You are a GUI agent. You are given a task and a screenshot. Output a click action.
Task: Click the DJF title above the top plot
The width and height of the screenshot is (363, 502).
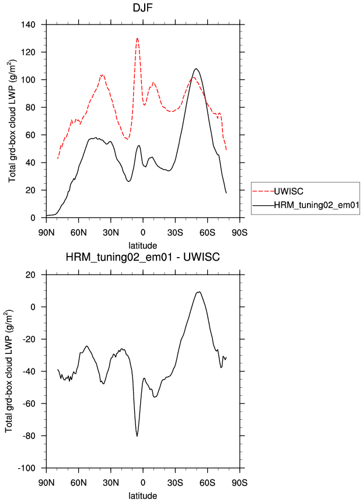(142, 8)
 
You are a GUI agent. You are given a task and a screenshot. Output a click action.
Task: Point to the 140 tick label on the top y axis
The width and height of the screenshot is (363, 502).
(28, 24)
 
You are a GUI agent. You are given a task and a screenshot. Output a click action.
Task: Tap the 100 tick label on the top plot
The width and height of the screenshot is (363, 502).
(28, 80)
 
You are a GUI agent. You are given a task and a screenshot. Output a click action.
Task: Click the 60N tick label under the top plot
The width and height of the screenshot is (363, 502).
(79, 233)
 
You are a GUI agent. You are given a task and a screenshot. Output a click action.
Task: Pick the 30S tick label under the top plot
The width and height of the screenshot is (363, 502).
(175, 233)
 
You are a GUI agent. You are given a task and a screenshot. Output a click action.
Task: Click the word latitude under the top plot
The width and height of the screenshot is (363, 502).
(143, 245)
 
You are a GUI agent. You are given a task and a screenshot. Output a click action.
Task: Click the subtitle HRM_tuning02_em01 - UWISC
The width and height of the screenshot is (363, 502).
(143, 257)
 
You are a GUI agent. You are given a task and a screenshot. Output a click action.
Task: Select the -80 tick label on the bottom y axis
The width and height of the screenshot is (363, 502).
(29, 436)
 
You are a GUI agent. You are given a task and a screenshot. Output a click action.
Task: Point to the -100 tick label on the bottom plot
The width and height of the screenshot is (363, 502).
(26, 468)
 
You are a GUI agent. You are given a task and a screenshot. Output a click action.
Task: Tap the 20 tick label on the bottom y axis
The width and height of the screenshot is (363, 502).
(30, 275)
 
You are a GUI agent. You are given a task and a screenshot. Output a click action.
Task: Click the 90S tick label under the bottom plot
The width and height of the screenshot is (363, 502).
(240, 483)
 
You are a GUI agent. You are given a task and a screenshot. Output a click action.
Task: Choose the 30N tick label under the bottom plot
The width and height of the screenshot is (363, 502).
(111, 483)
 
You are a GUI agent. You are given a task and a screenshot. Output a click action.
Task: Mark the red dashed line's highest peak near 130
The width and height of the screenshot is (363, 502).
(138, 38)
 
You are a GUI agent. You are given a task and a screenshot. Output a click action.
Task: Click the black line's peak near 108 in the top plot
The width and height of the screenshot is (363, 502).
(196, 69)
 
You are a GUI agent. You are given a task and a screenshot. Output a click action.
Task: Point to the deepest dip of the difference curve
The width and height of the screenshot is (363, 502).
(137, 436)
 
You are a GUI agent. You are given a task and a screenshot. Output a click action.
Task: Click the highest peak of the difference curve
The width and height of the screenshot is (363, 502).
(199, 292)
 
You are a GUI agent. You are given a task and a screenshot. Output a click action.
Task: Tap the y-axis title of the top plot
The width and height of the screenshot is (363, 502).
(12, 121)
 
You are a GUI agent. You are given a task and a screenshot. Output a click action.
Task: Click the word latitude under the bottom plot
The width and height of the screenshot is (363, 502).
(143, 496)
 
